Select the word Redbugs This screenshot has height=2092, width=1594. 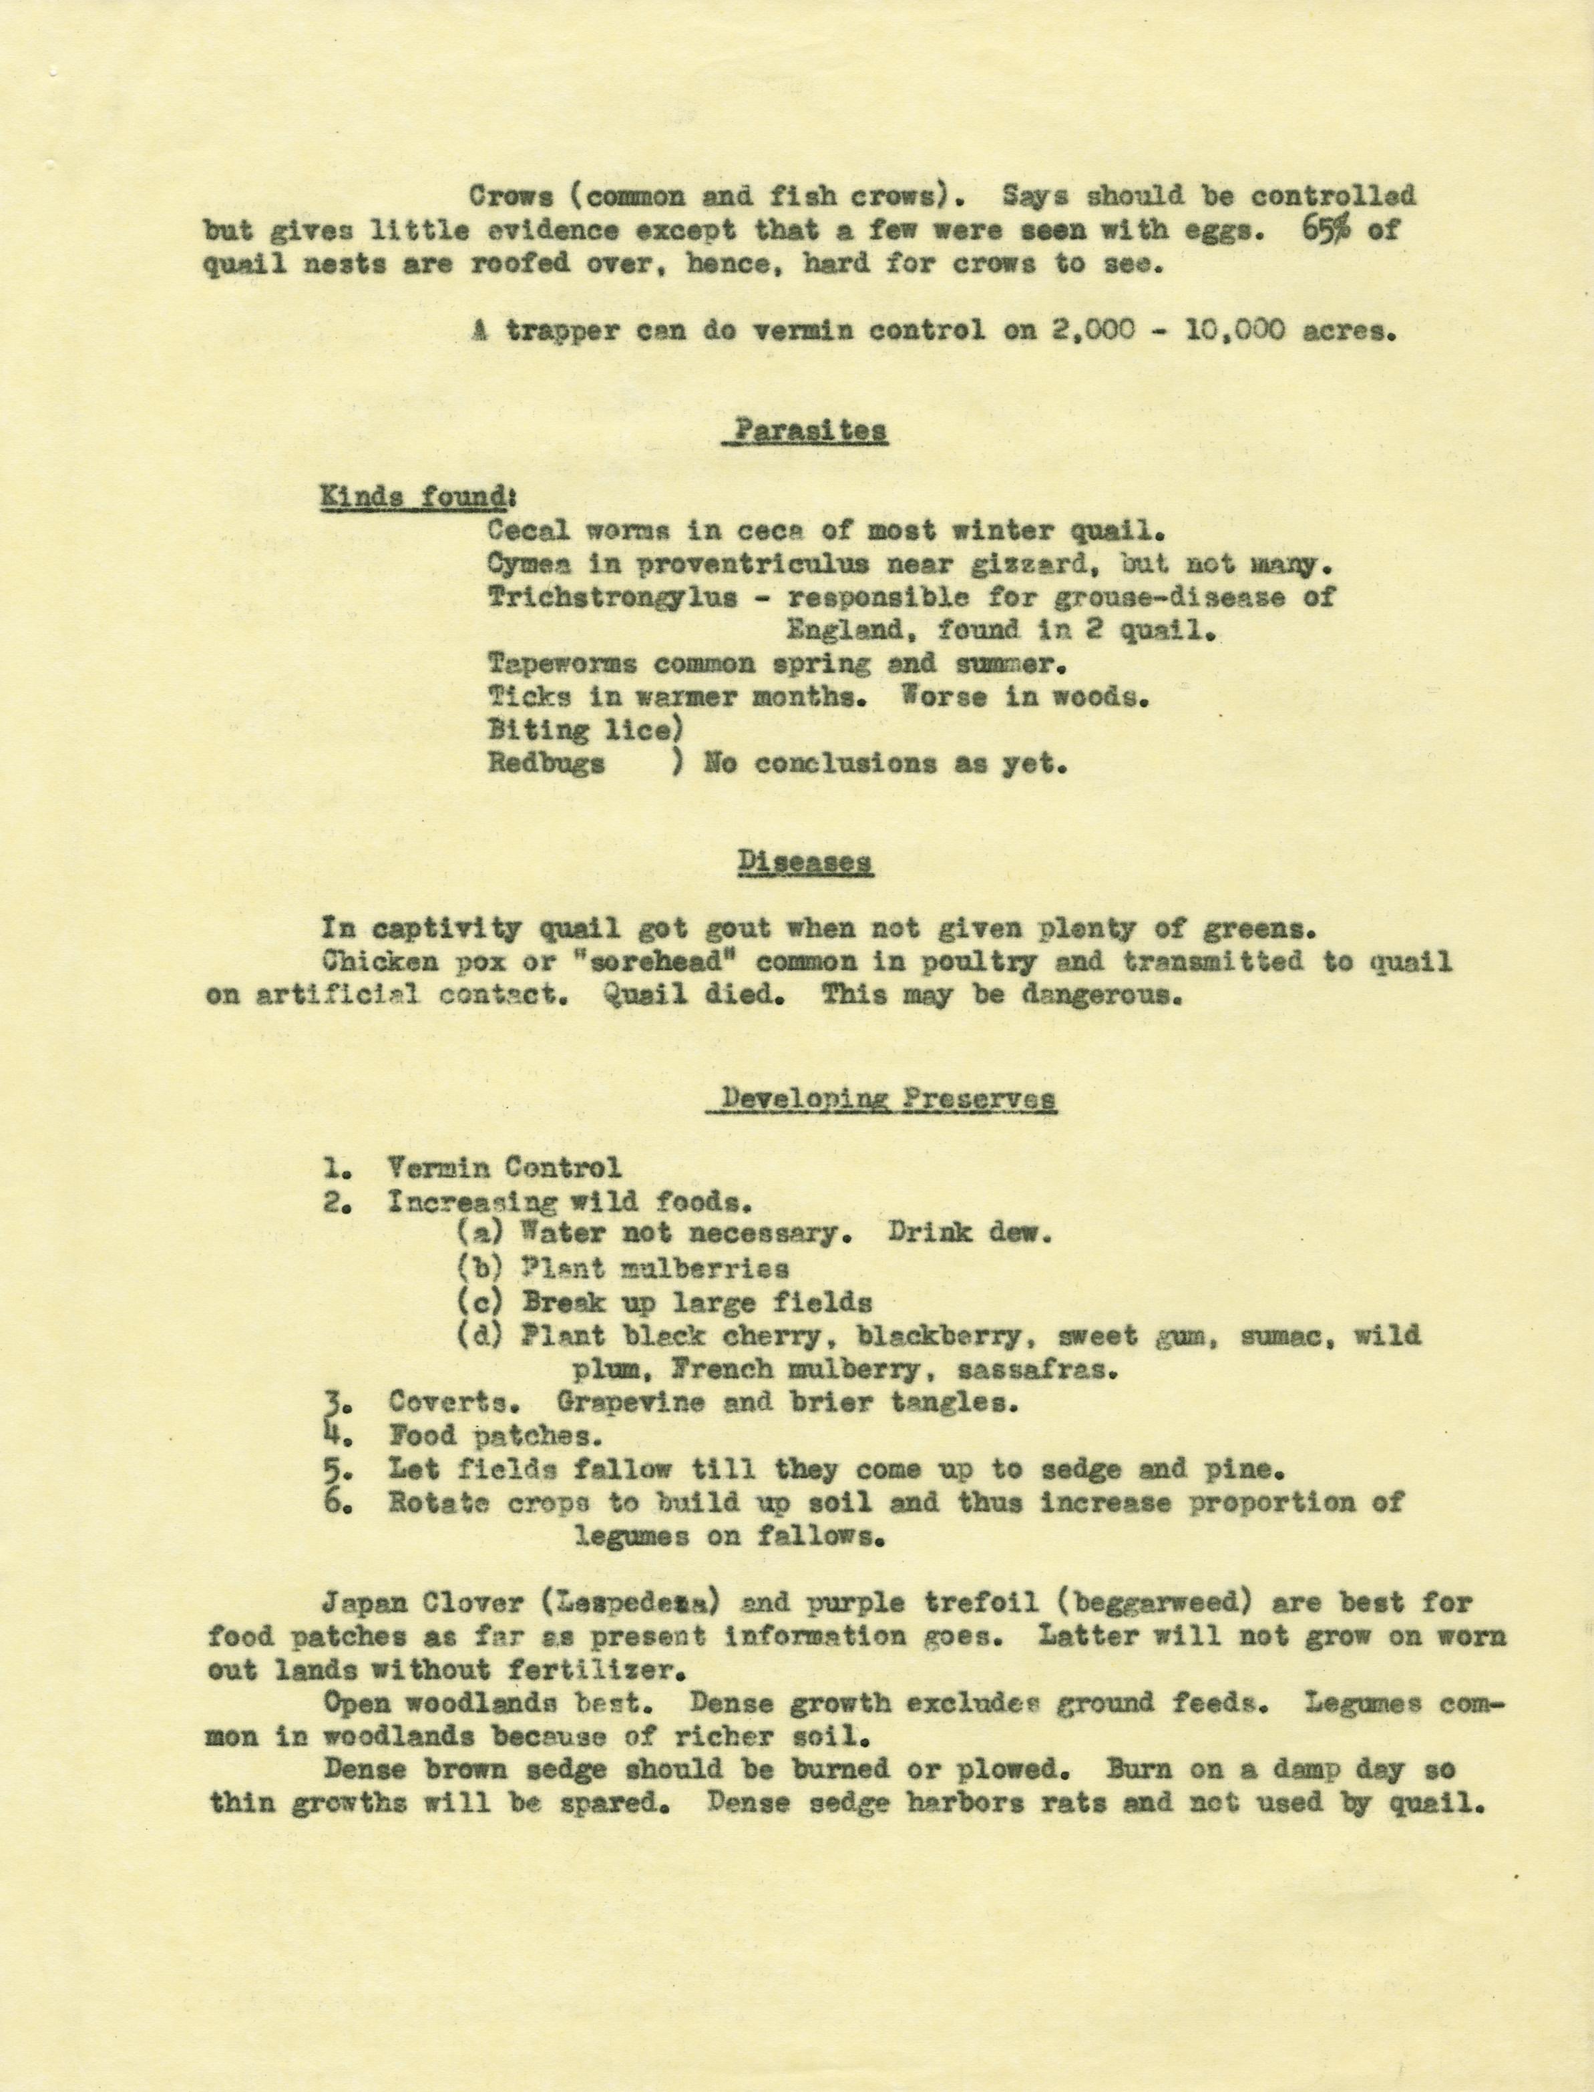coord(546,764)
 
